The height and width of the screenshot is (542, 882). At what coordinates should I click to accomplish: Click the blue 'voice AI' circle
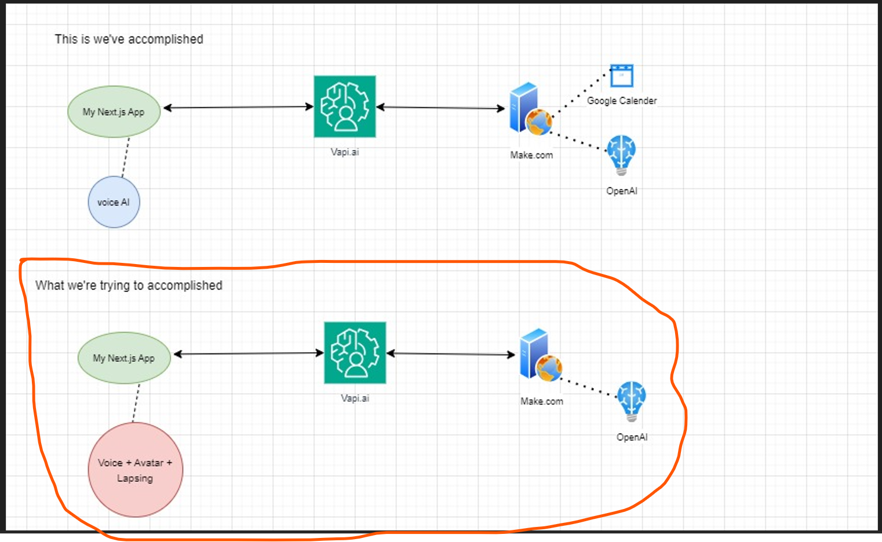coord(114,202)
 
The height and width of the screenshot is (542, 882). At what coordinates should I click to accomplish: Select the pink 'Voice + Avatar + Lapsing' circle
coord(135,470)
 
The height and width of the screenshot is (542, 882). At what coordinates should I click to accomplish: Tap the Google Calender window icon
coord(621,76)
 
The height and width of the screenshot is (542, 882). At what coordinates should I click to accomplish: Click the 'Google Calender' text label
coord(622,101)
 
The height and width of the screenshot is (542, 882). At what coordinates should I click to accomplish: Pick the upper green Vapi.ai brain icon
coord(345,107)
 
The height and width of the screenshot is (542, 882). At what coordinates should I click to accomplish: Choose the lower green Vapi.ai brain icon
coord(355,353)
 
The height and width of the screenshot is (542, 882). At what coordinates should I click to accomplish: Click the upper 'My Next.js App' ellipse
coord(114,112)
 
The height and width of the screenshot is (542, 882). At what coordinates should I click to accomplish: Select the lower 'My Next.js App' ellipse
coord(124,358)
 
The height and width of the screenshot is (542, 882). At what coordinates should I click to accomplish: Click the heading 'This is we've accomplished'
coord(129,39)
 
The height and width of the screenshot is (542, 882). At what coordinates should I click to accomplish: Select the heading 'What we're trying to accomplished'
coord(129,285)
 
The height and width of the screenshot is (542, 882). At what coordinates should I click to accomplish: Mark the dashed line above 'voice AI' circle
coord(125,157)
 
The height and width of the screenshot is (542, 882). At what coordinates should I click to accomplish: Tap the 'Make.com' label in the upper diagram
coord(531,155)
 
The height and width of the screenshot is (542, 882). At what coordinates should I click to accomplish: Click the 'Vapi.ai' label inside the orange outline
coord(355,398)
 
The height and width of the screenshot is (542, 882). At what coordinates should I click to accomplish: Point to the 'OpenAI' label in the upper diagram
coord(621,191)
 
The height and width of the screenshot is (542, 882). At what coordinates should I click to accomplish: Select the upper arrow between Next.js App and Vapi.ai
coord(238,107)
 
